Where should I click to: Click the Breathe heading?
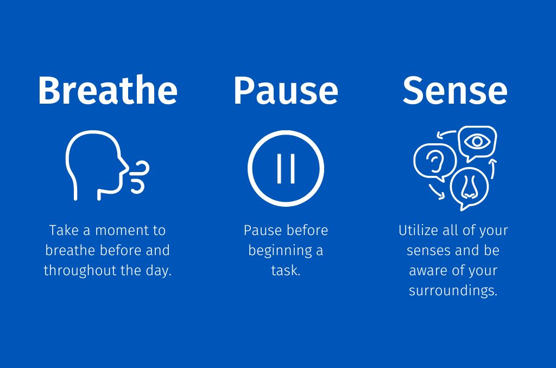(108, 90)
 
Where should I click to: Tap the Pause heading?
(286, 91)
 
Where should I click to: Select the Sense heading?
(455, 91)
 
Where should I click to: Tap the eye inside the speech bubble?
(477, 142)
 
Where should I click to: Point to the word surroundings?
(453, 291)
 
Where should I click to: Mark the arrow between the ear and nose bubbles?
(436, 192)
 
